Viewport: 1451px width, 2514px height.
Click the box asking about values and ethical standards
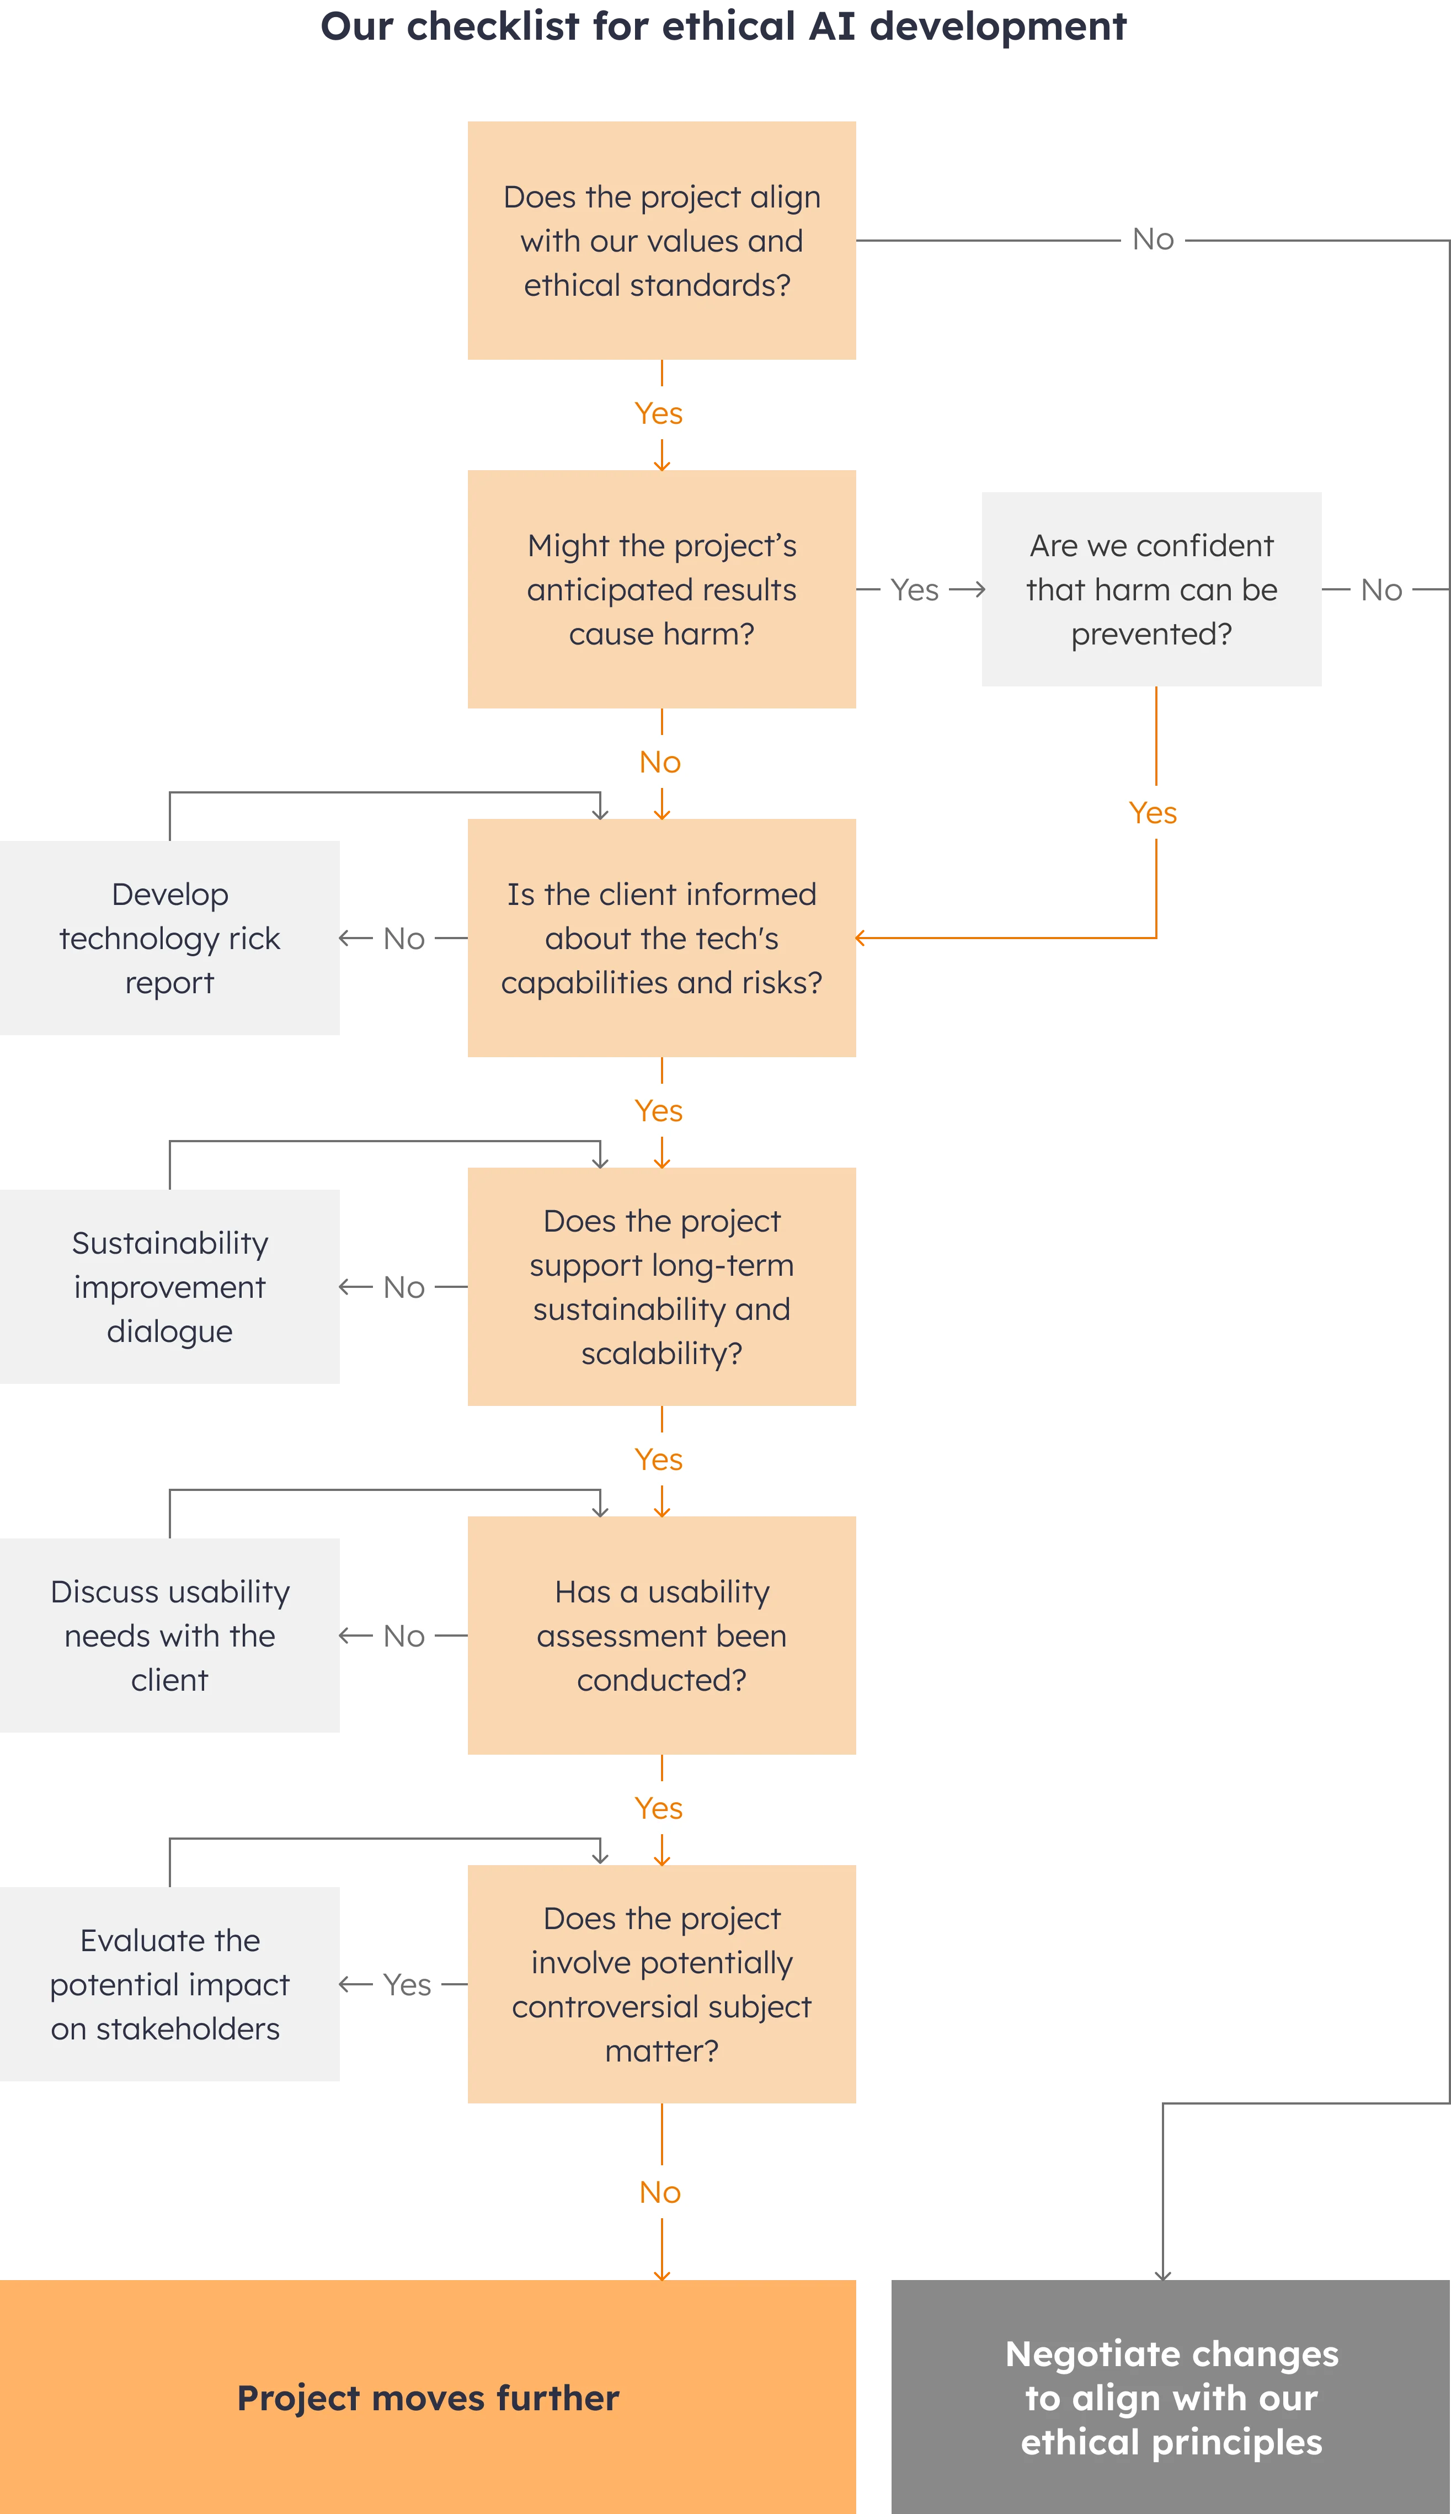(x=662, y=240)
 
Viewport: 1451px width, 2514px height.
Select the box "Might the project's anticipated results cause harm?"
(x=662, y=589)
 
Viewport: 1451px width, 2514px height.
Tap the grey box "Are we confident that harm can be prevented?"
(x=1151, y=589)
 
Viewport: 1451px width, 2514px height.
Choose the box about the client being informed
(x=662, y=938)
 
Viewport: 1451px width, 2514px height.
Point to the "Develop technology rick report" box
(x=169, y=938)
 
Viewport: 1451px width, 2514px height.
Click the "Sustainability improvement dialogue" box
(x=169, y=1286)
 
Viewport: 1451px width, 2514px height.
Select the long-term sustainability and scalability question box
(x=662, y=1286)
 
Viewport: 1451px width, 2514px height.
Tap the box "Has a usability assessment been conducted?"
(x=662, y=1635)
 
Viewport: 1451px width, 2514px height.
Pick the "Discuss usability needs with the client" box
(x=169, y=1635)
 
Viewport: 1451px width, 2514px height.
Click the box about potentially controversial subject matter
(x=662, y=1984)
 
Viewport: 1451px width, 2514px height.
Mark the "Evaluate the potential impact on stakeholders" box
(x=169, y=1984)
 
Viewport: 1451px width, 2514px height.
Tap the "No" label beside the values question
(x=1153, y=238)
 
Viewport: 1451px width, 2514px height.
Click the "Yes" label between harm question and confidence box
(x=914, y=589)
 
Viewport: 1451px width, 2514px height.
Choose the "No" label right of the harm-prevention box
(x=1380, y=589)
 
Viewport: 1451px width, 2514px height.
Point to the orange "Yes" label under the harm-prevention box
(x=1152, y=812)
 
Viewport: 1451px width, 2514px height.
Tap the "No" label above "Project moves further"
(x=660, y=2191)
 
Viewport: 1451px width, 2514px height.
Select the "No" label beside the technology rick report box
(x=404, y=938)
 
